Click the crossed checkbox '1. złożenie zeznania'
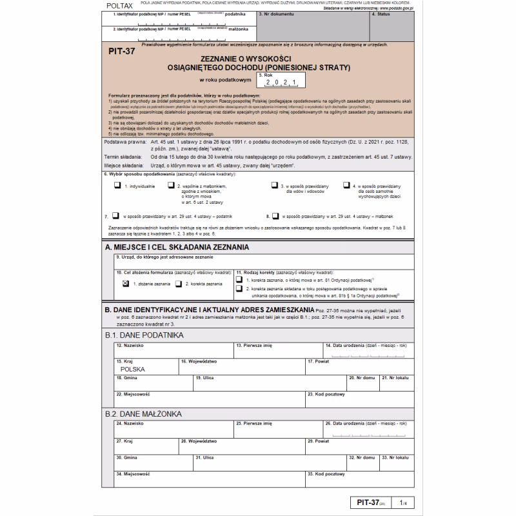pos(126,283)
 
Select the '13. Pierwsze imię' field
pos(278,350)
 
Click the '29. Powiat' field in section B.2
pos(359,446)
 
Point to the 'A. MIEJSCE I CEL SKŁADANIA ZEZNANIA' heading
pos(177,247)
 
